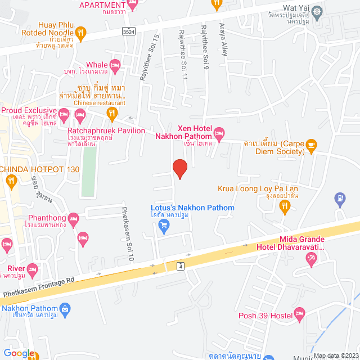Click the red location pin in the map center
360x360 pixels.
[179, 168]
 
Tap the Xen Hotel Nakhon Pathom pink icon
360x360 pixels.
[219, 134]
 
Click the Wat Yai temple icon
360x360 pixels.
[318, 11]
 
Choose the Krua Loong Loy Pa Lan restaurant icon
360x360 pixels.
[285, 207]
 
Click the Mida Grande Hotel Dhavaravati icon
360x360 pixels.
[311, 258]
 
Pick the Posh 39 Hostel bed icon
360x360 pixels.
[300, 312]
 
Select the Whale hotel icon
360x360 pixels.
[115, 66]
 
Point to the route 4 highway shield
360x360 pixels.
[180, 265]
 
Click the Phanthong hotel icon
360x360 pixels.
[73, 218]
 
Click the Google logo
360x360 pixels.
[19, 353]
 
